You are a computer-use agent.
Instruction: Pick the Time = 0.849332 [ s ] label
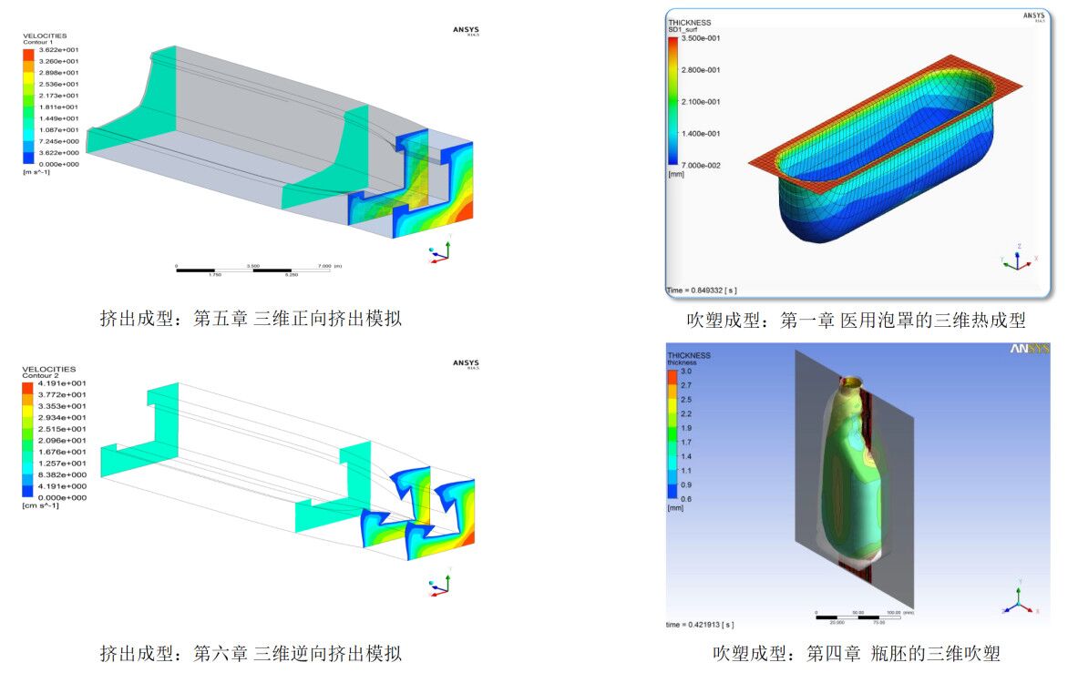pos(702,291)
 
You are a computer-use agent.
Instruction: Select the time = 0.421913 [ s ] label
pos(700,625)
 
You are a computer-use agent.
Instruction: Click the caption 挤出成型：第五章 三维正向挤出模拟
pos(250,319)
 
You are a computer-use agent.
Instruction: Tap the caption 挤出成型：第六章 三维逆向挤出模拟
pos(250,653)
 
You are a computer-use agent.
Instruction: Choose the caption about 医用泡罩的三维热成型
pos(856,321)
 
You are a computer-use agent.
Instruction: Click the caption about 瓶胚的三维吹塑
pos(856,654)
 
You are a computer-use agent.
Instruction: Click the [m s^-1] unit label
pos(37,171)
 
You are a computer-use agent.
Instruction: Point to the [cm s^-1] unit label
pos(40,505)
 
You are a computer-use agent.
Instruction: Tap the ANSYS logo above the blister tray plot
pos(1033,16)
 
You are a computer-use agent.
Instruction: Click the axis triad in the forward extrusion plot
pos(439,253)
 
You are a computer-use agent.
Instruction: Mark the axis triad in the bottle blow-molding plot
pos(1017,599)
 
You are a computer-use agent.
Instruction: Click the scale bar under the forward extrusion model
pos(252,270)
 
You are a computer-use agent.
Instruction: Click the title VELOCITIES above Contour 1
pos(45,36)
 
